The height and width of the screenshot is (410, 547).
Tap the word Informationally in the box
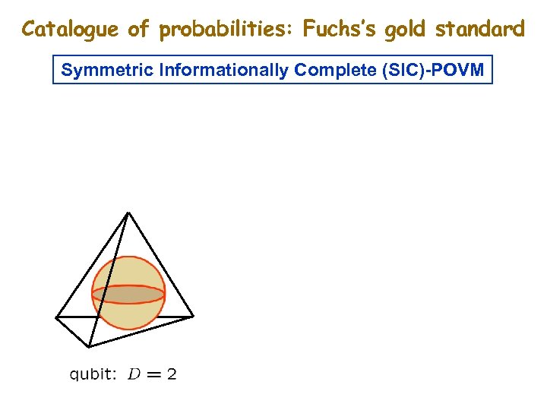pos(212,71)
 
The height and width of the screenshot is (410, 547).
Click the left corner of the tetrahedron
pos(57,316)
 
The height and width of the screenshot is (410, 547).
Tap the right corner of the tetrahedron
pos(193,315)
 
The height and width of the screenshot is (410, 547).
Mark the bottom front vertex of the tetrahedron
pos(90,346)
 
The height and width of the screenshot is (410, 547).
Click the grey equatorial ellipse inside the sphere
pos(128,294)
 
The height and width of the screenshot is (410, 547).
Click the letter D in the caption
pos(134,374)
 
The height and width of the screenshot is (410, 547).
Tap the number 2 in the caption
pos(171,374)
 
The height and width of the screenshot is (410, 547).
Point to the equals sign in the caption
pos(153,374)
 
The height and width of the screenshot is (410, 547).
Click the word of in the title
pos(138,30)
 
